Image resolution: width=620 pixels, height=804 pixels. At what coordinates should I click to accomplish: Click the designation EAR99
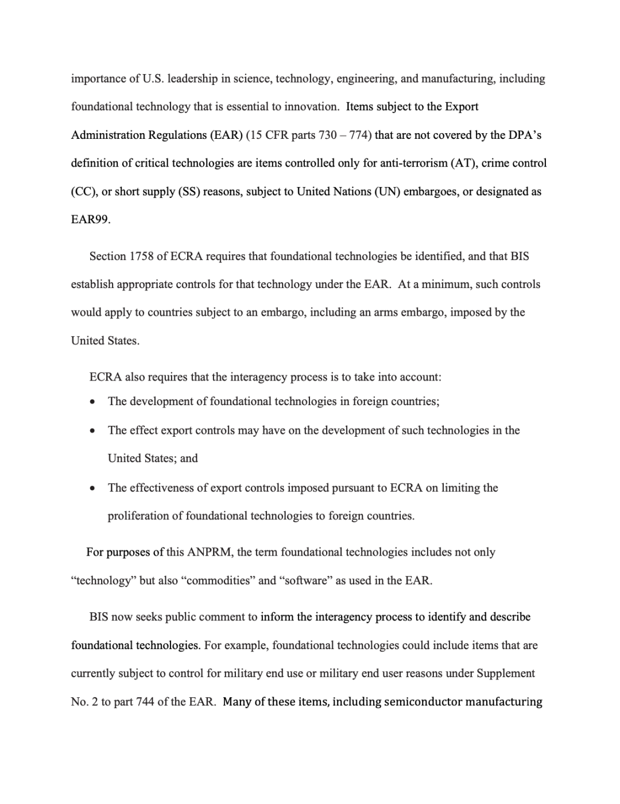click(90, 220)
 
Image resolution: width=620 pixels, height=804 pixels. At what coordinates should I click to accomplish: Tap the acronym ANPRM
click(210, 552)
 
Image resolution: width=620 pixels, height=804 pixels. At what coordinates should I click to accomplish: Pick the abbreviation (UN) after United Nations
click(387, 192)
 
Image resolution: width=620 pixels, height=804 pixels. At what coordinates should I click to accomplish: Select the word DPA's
click(524, 135)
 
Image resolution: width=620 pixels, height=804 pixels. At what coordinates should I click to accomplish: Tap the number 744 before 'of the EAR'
click(146, 702)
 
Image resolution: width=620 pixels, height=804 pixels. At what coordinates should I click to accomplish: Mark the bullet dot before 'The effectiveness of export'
click(92, 488)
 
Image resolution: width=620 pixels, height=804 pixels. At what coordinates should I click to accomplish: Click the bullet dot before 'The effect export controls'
click(92, 431)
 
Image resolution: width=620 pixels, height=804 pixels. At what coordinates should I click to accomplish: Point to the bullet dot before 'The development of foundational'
click(92, 402)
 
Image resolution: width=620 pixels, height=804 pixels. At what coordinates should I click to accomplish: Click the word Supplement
click(506, 673)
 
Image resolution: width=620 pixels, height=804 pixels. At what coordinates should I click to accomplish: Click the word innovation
click(307, 107)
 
